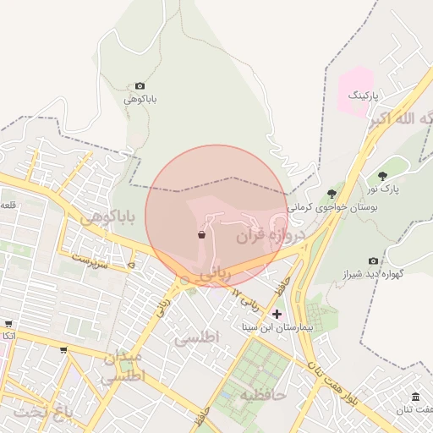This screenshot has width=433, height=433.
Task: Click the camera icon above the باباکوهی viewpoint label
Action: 140,86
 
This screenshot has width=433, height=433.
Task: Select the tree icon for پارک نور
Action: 383,176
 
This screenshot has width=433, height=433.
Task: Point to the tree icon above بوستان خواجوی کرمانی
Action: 331,195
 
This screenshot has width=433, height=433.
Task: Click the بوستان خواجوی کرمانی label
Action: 332,207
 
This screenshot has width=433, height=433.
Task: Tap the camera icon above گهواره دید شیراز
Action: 373,261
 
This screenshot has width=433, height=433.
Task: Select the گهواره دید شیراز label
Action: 375,275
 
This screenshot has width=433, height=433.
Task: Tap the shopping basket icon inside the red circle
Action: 201,235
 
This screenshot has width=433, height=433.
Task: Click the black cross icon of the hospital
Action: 277,314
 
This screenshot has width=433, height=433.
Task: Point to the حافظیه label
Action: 262,394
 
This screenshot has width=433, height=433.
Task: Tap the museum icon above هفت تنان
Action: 415,397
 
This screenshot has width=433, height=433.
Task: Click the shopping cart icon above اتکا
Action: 8,324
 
